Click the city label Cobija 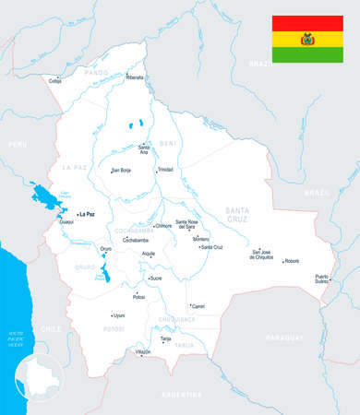(x=54, y=82)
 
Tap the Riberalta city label (x=135, y=78)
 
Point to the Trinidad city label (x=165, y=170)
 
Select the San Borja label (x=122, y=171)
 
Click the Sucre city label (x=156, y=277)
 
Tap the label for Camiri (x=198, y=305)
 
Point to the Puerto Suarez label (x=322, y=279)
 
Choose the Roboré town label (x=292, y=261)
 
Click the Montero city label (x=201, y=239)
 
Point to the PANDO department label (x=96, y=72)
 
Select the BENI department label (x=167, y=144)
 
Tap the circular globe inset (x=39, y=380)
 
